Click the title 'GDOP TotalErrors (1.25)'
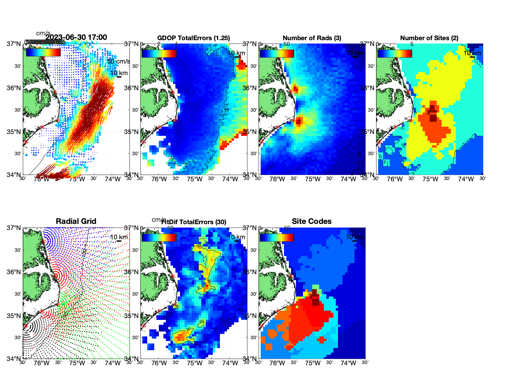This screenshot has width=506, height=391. [194, 38]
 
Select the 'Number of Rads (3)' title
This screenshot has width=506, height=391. [312, 38]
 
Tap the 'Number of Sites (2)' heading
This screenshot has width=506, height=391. [429, 38]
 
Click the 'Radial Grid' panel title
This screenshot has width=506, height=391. [76, 221]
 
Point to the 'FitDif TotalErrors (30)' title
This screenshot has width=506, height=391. [194, 222]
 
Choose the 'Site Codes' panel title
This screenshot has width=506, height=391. [312, 221]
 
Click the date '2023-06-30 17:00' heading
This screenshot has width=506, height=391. [76, 37]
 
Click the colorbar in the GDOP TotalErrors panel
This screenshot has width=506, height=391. [159, 53]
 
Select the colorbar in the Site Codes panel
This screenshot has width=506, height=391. [277, 237]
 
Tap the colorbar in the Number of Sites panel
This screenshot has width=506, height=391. [395, 53]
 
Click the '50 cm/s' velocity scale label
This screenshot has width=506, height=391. [118, 61]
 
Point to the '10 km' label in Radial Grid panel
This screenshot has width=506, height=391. [119, 237]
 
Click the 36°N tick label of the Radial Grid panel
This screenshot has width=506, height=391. [14, 272]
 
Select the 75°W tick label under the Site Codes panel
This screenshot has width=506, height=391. [313, 363]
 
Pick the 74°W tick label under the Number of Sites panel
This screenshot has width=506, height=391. [466, 179]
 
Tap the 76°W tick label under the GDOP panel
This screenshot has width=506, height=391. [159, 179]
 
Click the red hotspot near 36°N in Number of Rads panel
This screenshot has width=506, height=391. [295, 89]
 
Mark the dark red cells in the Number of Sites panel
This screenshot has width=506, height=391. [433, 113]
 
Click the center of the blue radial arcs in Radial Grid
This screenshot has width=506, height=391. [43, 241]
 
